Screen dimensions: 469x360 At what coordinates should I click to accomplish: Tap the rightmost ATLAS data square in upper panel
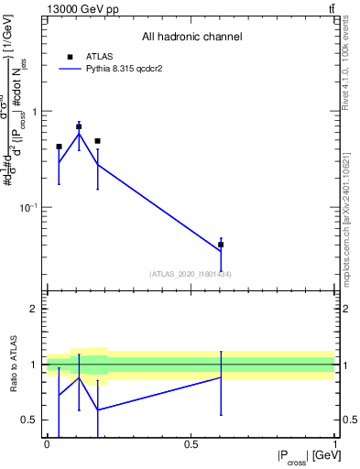[221, 245]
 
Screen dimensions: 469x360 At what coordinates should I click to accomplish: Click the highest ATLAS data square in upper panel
[79, 126]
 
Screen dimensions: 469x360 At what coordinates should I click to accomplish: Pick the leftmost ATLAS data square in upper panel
[59, 146]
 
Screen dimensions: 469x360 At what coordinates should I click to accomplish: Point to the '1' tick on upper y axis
[38, 111]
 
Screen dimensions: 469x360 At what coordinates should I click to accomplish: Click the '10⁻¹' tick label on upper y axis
[31, 207]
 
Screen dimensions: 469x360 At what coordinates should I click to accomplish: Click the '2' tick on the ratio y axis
[38, 309]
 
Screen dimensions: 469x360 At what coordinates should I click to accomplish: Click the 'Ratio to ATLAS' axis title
[13, 364]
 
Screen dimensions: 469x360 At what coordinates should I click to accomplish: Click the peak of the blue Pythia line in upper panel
[79, 134]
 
